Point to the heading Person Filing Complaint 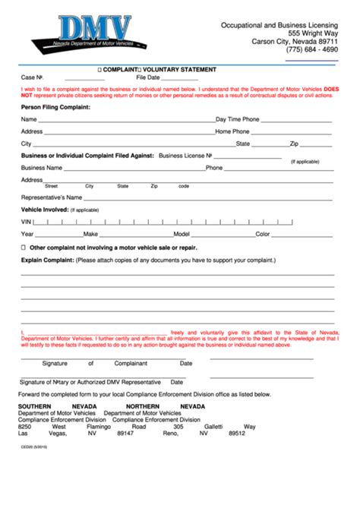pos(55,107)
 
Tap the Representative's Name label pos(52,197)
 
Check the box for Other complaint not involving pos(24,248)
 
